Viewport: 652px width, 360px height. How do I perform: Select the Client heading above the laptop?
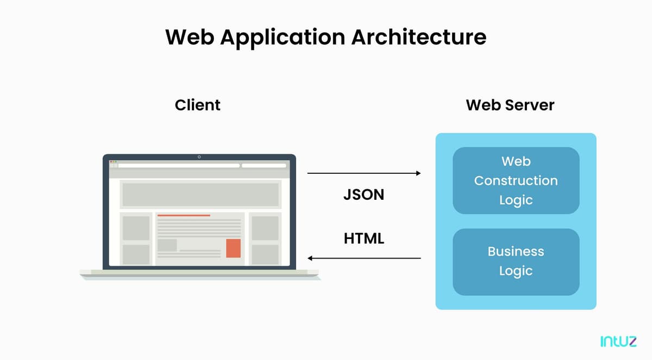(198, 105)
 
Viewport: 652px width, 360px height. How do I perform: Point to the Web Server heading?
(510, 105)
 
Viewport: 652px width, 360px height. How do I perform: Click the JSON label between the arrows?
(363, 194)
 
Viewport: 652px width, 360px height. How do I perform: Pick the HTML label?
(363, 238)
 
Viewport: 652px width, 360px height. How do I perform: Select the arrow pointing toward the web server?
(364, 173)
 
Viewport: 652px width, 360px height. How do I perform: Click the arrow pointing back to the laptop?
(364, 258)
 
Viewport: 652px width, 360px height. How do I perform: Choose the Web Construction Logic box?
(516, 180)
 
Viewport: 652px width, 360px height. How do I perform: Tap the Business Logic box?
(516, 261)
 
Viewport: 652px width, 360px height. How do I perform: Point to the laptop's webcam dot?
(199, 157)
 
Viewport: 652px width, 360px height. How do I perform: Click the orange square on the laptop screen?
(233, 248)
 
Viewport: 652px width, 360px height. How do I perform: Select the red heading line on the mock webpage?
(184, 216)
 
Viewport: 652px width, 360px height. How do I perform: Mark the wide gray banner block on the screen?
(200, 194)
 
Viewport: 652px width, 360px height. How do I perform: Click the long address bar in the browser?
(179, 165)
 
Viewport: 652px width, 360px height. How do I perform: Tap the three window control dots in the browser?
(114, 162)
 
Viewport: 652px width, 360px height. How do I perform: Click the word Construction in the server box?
(516, 180)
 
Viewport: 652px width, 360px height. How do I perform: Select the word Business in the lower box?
(516, 251)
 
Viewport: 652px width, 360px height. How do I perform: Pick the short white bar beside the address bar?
(264, 165)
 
